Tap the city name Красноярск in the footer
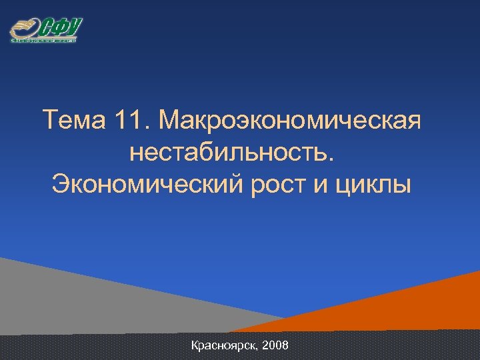click(x=223, y=346)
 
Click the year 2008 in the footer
click(x=276, y=346)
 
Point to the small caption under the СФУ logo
click(x=44, y=41)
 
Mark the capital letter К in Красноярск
click(x=195, y=346)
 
